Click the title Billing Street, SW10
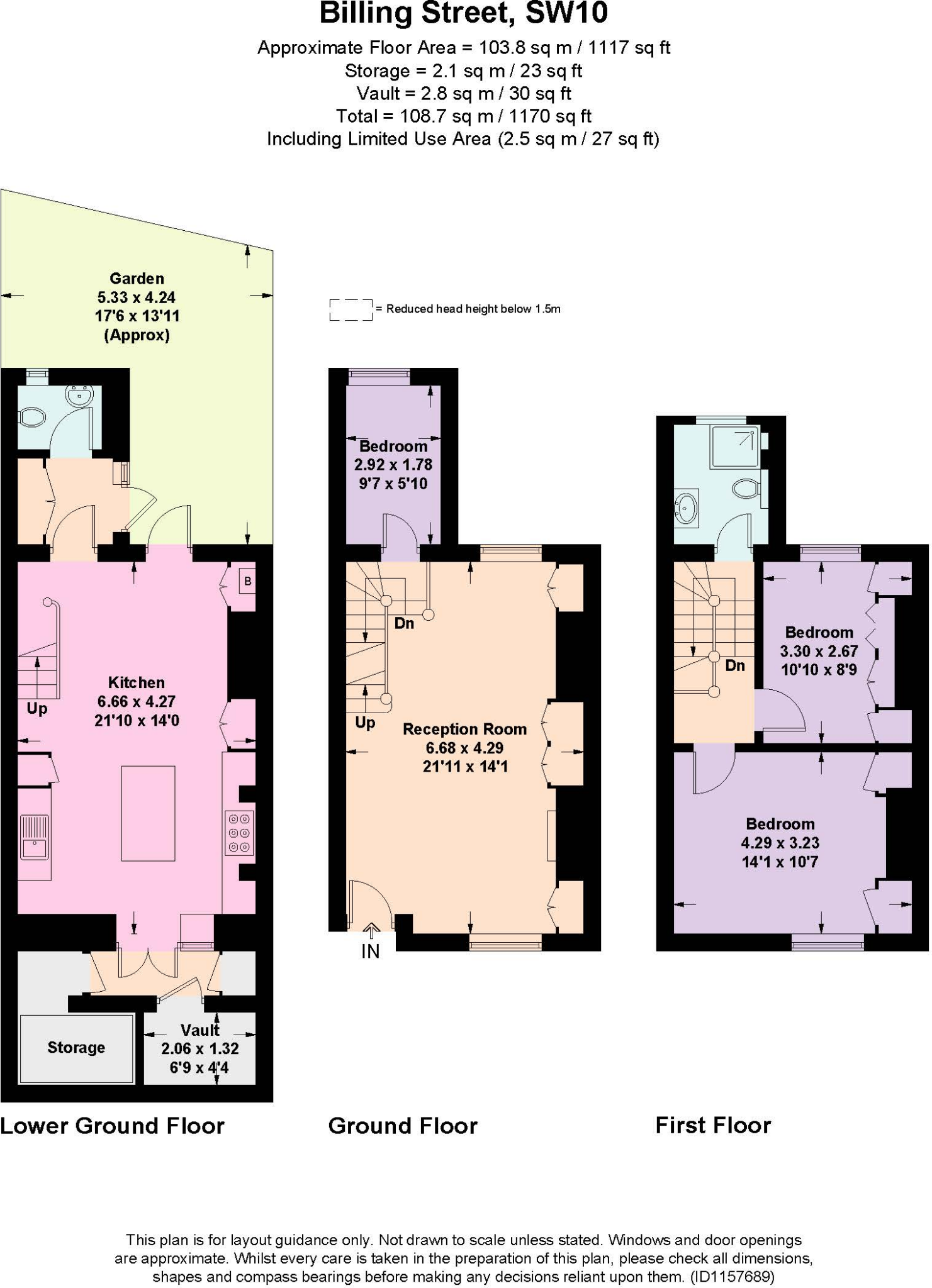click(x=463, y=14)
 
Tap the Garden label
click(x=137, y=279)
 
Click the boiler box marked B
click(x=247, y=581)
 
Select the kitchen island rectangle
click(x=148, y=813)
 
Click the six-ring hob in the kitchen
click(x=239, y=833)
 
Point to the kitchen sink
click(x=35, y=838)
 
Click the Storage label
click(x=76, y=1047)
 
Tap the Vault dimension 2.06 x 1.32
click(x=199, y=1048)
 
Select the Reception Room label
click(x=464, y=729)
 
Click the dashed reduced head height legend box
click(x=351, y=309)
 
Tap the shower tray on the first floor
click(x=734, y=447)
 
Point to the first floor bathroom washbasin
click(x=687, y=508)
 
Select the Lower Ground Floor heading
click(x=112, y=1126)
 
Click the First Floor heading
click(x=713, y=1125)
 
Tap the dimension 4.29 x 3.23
click(x=780, y=843)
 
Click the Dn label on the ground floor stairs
click(x=404, y=623)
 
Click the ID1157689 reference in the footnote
click(x=732, y=1277)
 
